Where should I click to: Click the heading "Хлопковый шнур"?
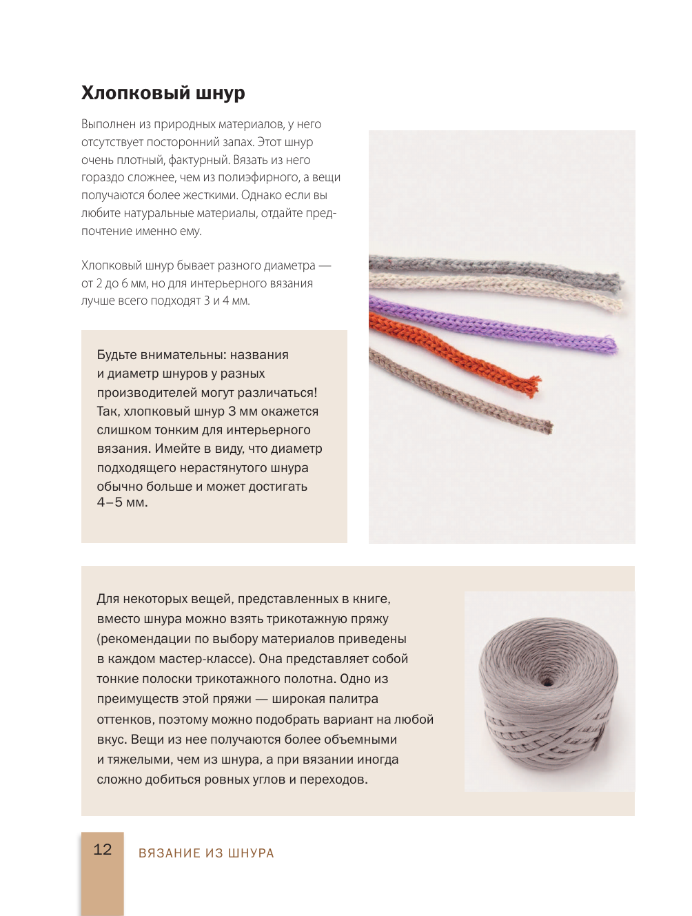163,93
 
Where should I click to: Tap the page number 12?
103,850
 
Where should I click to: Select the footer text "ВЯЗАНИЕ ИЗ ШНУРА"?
206,853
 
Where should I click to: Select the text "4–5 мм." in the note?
122,502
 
